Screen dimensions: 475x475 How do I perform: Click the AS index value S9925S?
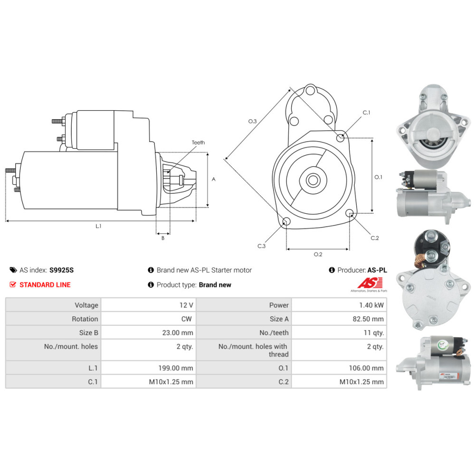click(61, 270)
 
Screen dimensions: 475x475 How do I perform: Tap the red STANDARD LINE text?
click(45, 285)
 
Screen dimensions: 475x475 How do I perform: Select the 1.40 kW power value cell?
click(371, 305)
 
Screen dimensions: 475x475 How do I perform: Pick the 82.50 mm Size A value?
click(368, 319)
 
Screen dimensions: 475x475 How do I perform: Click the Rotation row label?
click(85, 319)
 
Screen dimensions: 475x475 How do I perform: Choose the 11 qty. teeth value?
click(374, 332)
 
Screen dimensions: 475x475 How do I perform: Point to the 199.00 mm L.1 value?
click(176, 368)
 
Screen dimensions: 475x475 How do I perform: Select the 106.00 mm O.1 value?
click(366, 368)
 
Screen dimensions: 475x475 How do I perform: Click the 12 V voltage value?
click(186, 305)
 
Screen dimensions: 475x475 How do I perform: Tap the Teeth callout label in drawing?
click(198, 142)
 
